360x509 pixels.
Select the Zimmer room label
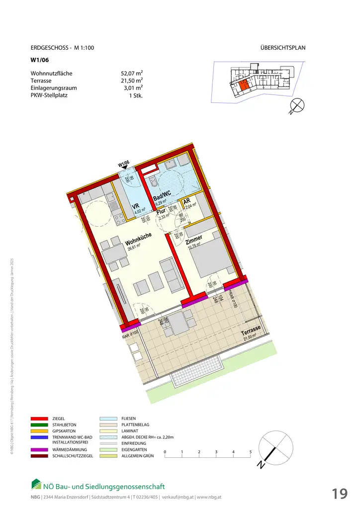pyautogui.click(x=194, y=241)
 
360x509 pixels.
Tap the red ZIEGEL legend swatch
pyautogui.click(x=39, y=419)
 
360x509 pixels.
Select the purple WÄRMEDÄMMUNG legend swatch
pyautogui.click(x=39, y=449)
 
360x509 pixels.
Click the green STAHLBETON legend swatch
pyautogui.click(x=39, y=425)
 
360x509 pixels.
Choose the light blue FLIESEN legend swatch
pyautogui.click(x=106, y=419)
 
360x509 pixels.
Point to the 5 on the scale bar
pyautogui.click(x=251, y=452)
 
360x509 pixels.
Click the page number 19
pyautogui.click(x=340, y=494)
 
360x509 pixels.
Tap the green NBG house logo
pyautogui.click(x=36, y=484)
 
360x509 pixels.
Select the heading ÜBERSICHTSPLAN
pyautogui.click(x=282, y=48)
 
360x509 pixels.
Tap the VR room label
pyautogui.click(x=135, y=207)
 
